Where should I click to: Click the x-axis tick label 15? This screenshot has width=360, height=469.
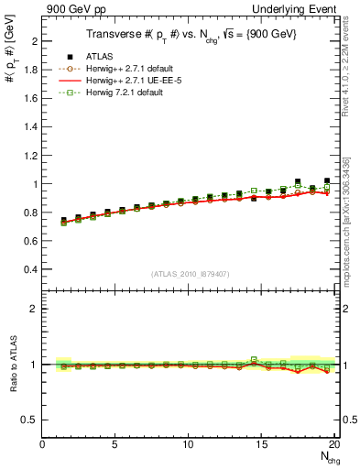pos(260,444)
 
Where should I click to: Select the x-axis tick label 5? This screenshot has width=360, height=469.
pos(115,444)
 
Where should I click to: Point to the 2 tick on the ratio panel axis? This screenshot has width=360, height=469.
pos(35,309)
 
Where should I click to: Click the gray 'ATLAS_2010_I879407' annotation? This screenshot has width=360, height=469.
pos(191,274)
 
